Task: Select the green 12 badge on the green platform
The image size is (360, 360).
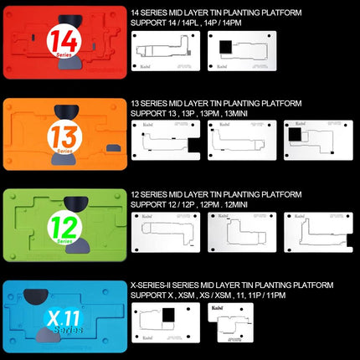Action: click(60, 226)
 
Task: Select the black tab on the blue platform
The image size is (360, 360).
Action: click(36, 294)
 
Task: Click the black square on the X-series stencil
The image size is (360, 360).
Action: click(168, 316)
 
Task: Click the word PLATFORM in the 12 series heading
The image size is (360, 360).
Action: click(280, 193)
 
